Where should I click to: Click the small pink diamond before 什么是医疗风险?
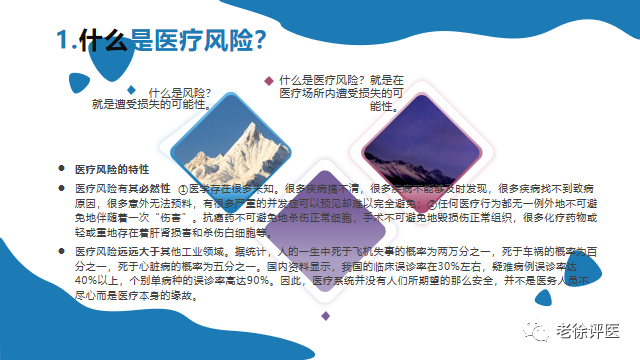coord(268,80)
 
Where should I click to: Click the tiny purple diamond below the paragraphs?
coord(325,316)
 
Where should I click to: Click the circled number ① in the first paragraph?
coord(182,187)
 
